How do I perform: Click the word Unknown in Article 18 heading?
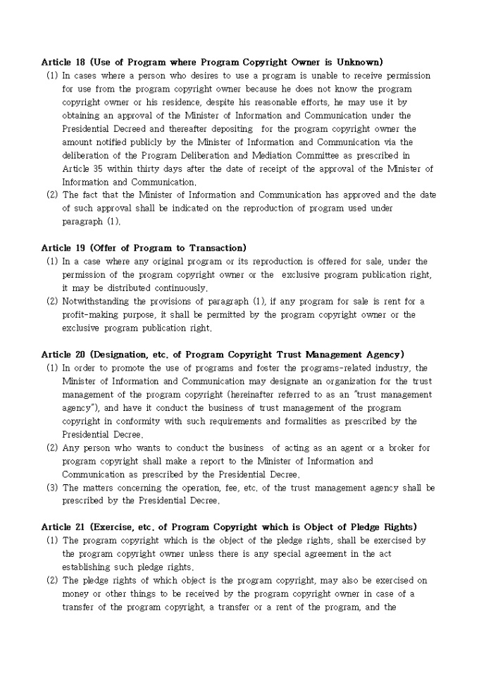point(356,62)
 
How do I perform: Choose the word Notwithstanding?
point(98,302)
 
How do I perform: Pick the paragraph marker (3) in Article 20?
point(52,488)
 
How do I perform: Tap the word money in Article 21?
point(75,594)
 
